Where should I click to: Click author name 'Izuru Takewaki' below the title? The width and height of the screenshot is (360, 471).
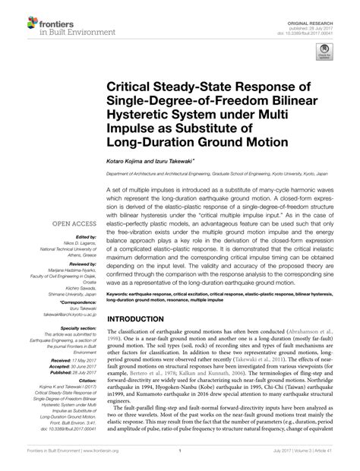[x=174, y=159]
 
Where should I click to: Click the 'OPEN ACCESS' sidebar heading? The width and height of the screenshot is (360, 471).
[x=74, y=223]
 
